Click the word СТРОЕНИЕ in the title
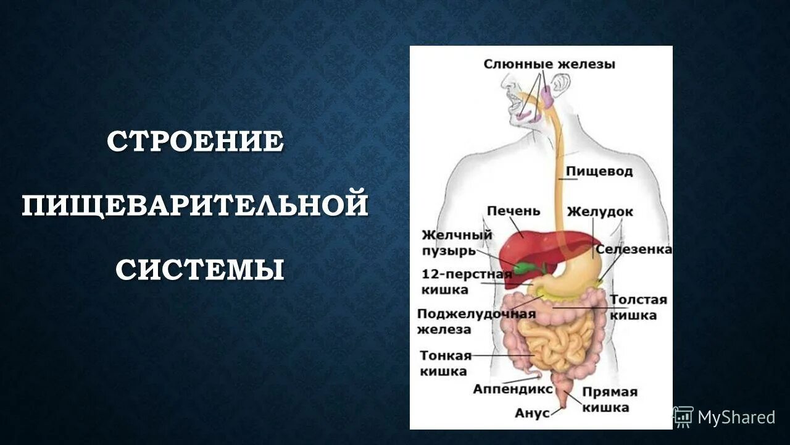click(195, 142)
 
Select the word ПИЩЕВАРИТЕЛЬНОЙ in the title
click(195, 206)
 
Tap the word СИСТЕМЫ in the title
click(200, 269)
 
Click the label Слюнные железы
click(549, 64)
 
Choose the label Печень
click(513, 211)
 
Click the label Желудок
click(600, 211)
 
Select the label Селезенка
click(633, 250)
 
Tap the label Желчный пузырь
click(457, 243)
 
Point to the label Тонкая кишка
click(446, 363)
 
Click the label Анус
click(532, 413)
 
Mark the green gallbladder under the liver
click(525, 268)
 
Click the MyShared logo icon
click(683, 417)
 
